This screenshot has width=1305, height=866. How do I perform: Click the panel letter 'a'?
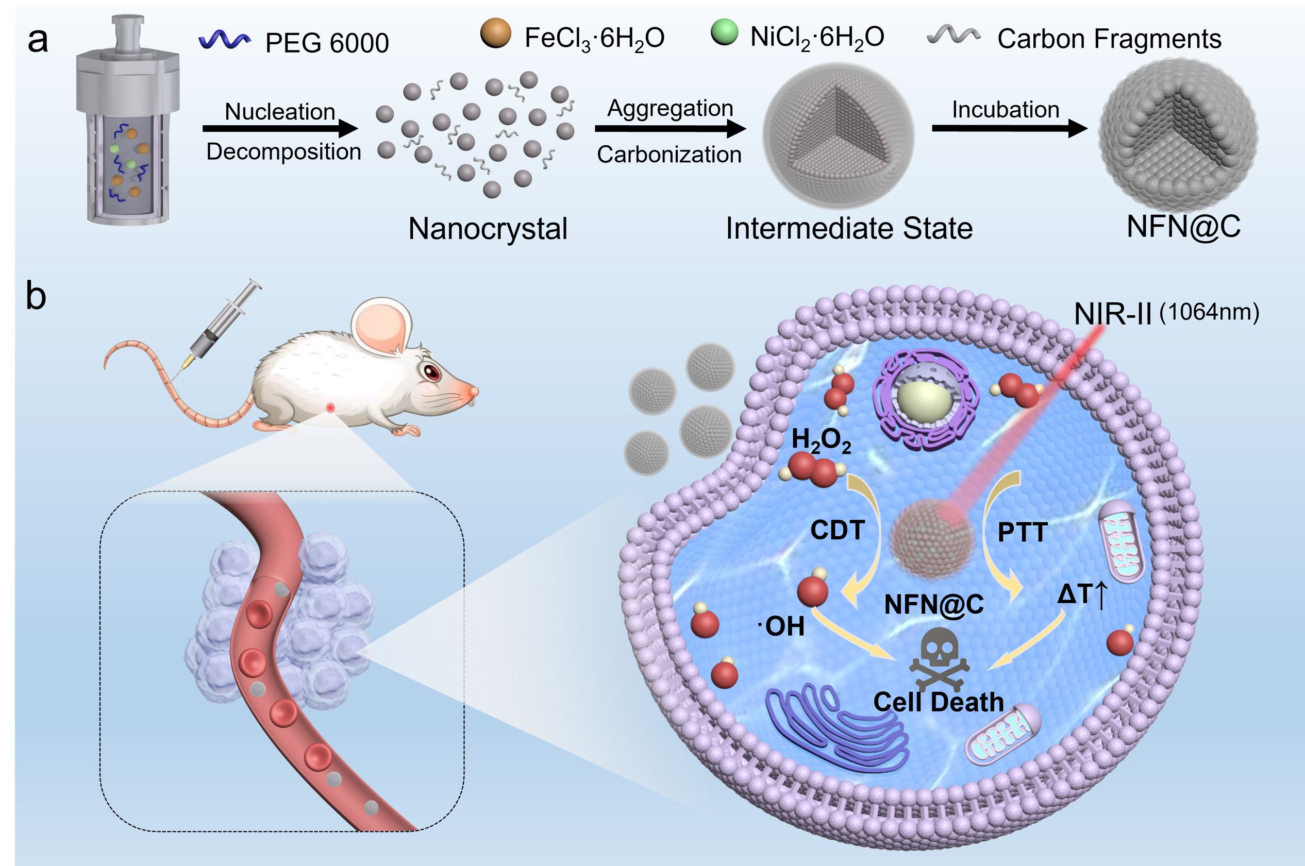(38, 41)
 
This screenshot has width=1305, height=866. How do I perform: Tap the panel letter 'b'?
(36, 297)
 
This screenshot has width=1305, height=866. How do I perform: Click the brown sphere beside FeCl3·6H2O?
(496, 33)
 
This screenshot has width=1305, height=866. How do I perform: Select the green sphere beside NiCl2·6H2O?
(724, 32)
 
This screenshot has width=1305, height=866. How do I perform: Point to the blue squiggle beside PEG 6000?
(224, 40)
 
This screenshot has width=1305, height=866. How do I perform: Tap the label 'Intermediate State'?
(849, 228)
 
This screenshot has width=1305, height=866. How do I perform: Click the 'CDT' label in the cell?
(837, 531)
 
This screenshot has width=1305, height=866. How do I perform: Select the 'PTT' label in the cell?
(1023, 532)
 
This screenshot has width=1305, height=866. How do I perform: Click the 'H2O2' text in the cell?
(821, 442)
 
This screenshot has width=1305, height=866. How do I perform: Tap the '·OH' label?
(781, 627)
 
